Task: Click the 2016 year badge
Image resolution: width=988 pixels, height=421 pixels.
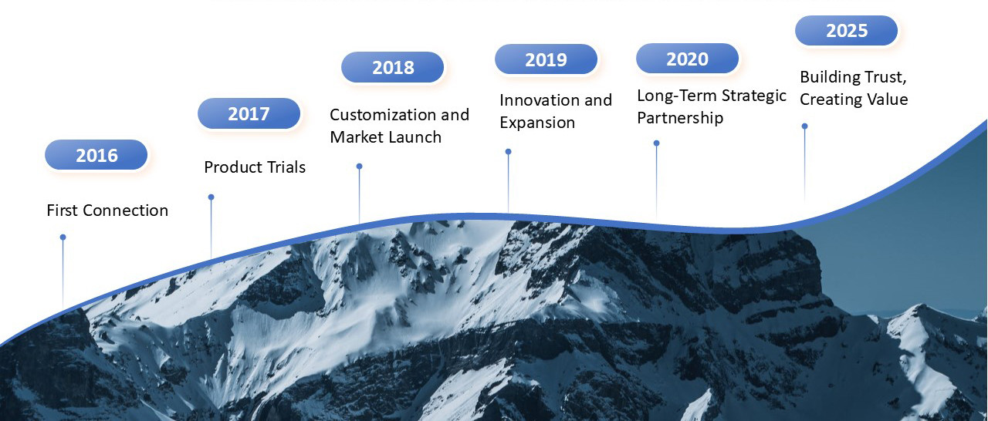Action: click(96, 154)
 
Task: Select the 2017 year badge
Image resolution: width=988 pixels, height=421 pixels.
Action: click(249, 113)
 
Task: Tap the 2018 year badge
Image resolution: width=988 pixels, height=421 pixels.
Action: click(393, 67)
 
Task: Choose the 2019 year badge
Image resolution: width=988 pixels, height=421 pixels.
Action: click(546, 59)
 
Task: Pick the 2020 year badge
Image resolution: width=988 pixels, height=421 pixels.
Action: click(687, 58)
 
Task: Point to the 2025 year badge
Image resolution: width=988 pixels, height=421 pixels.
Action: click(847, 30)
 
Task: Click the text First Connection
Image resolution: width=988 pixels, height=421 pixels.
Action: click(107, 210)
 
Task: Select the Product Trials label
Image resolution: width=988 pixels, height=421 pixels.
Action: click(255, 167)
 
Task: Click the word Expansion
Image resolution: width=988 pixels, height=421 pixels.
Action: click(537, 123)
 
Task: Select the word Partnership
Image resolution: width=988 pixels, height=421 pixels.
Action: click(680, 119)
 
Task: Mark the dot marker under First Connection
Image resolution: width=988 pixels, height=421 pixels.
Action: click(63, 237)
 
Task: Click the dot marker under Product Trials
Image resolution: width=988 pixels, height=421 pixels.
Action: click(211, 197)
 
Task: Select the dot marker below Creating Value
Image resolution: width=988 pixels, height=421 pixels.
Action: click(804, 126)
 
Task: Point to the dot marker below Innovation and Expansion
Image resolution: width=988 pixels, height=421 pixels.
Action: click(508, 151)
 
